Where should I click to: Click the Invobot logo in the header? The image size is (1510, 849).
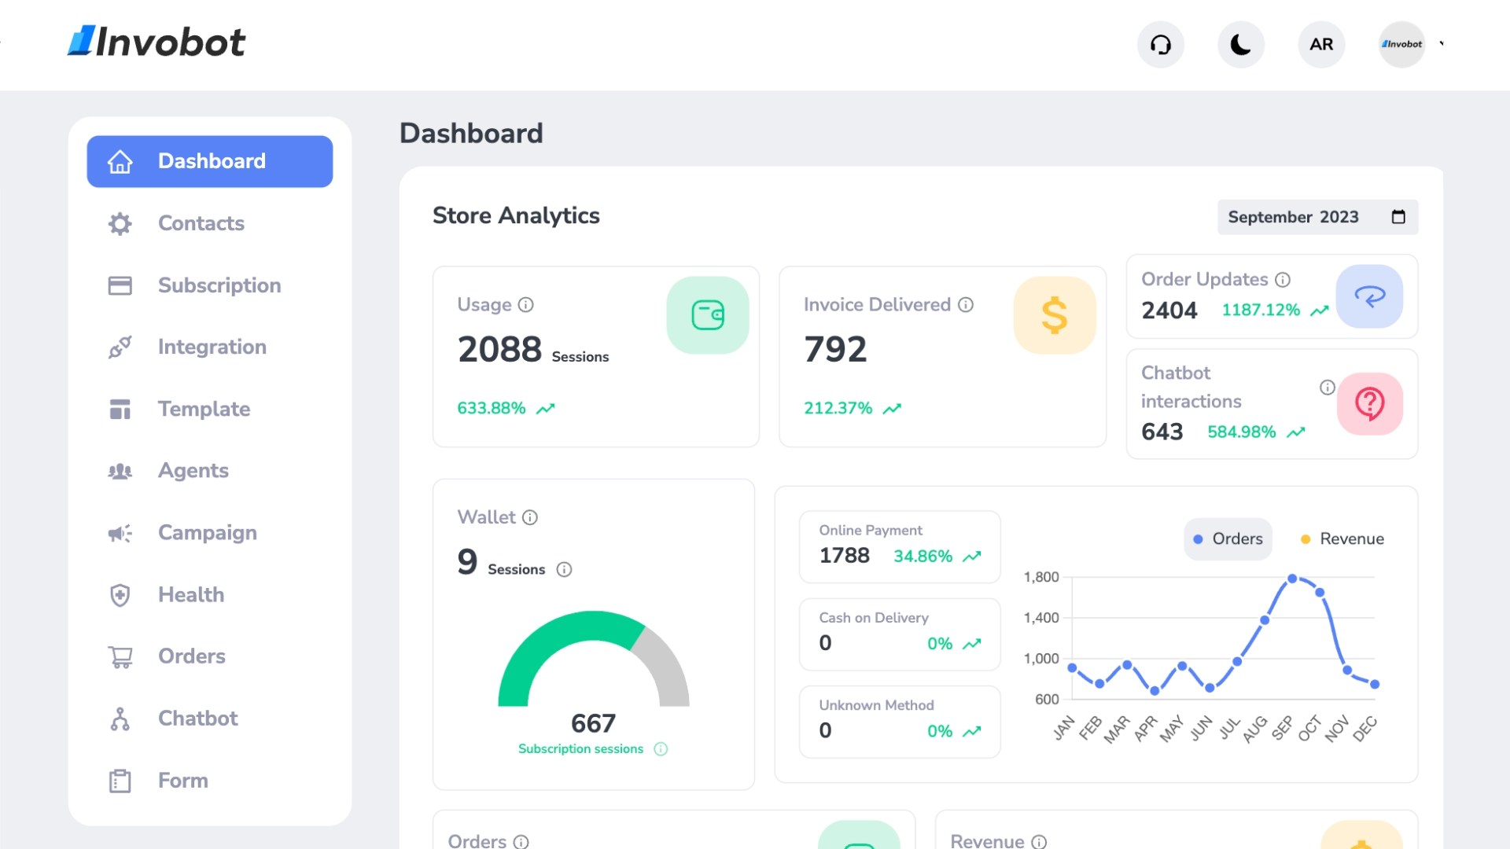pyautogui.click(x=157, y=42)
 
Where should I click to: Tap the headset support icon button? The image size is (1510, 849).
pyautogui.click(x=1161, y=45)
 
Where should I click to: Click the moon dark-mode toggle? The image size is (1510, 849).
pyautogui.click(x=1241, y=45)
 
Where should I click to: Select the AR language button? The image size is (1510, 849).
pyautogui.click(x=1321, y=45)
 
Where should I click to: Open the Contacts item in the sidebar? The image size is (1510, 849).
pyautogui.click(x=201, y=223)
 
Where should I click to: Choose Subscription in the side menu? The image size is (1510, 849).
pyautogui.click(x=219, y=285)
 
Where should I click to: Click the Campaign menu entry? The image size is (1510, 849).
pyautogui.click(x=207, y=533)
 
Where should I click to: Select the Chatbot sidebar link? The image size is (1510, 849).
pyautogui.click(x=197, y=719)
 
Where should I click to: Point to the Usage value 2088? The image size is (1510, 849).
pyautogui.click(x=499, y=349)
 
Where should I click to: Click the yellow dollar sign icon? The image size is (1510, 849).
pyautogui.click(x=1054, y=315)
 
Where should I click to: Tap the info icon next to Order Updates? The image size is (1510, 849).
pyautogui.click(x=1283, y=280)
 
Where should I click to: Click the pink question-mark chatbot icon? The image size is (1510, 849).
pyautogui.click(x=1369, y=404)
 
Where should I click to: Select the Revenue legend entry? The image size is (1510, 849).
pyautogui.click(x=1342, y=539)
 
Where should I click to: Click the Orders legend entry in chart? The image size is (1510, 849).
pyautogui.click(x=1228, y=539)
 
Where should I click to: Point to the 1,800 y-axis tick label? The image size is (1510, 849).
pyautogui.click(x=1040, y=577)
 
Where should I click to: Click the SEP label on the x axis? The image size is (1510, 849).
pyautogui.click(x=1283, y=728)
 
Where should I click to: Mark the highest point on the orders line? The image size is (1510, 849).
pyautogui.click(x=1292, y=579)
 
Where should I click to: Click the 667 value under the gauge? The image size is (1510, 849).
pyautogui.click(x=593, y=723)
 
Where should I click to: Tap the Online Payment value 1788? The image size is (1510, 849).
pyautogui.click(x=844, y=556)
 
